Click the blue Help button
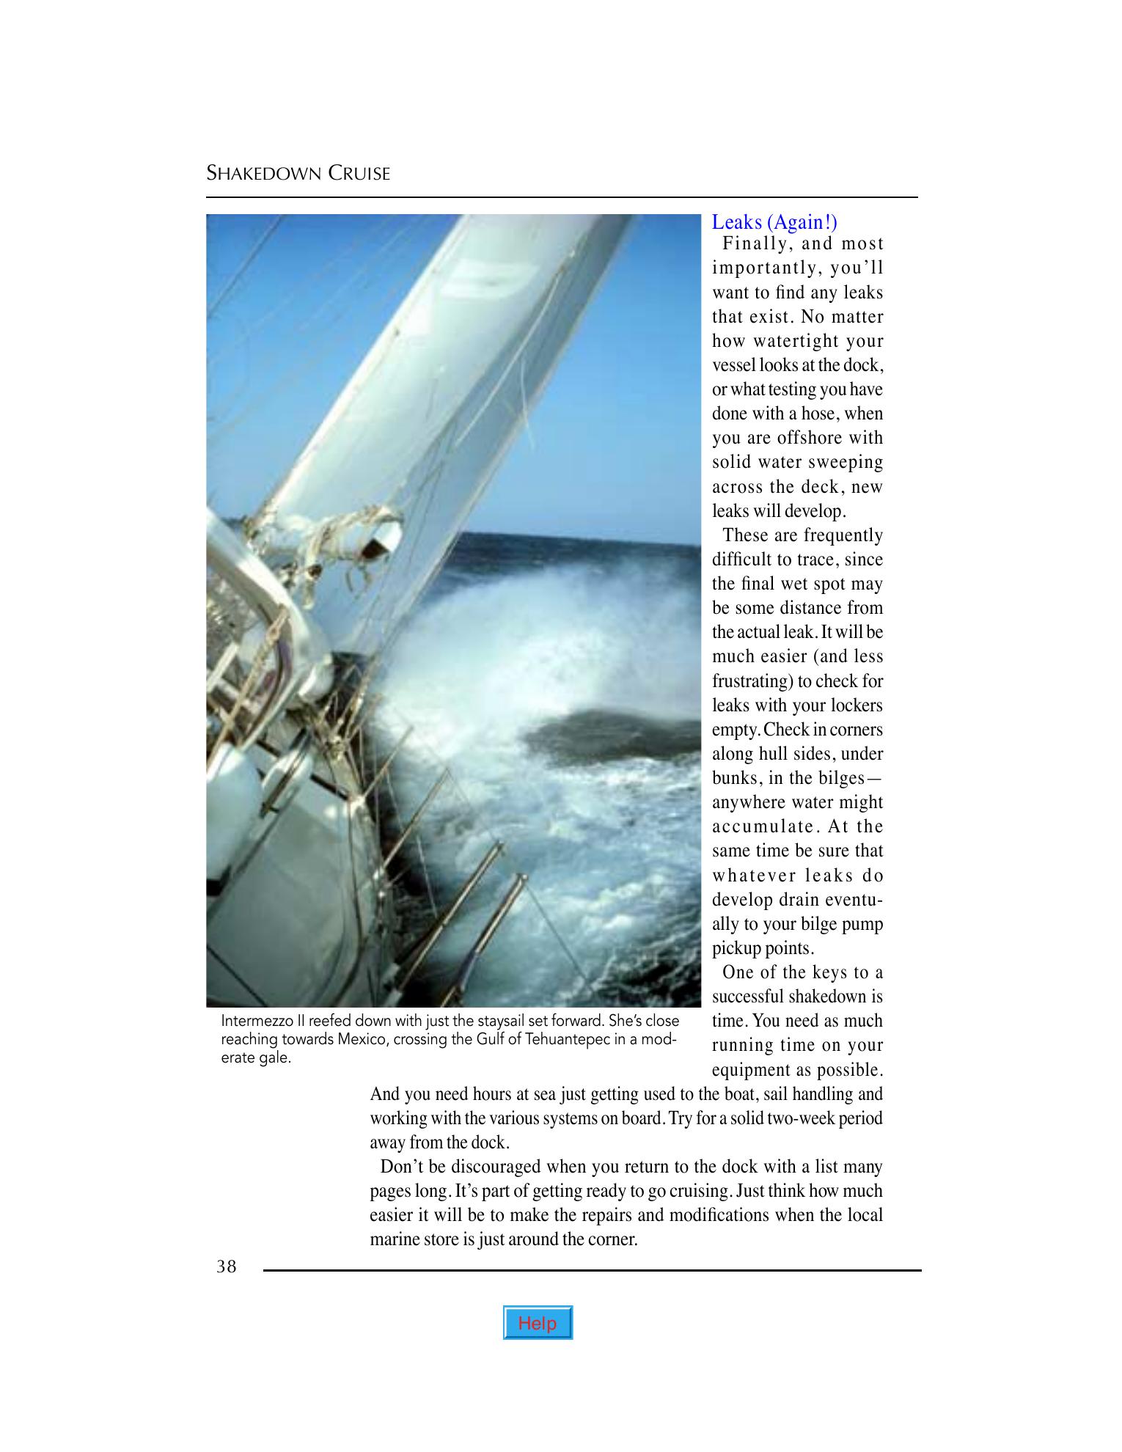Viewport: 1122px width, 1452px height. pos(538,1323)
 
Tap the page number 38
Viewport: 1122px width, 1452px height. pos(227,1266)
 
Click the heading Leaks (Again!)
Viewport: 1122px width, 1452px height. pos(774,222)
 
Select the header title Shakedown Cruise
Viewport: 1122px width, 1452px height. pos(298,174)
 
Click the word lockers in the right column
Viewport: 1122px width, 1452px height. pos(857,705)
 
